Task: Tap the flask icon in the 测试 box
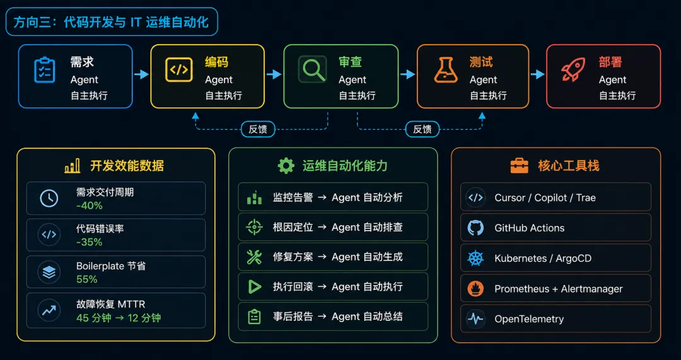(446, 70)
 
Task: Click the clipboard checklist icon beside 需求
(45, 70)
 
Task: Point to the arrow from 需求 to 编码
(141, 74)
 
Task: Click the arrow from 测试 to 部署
(538, 74)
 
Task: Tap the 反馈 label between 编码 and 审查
(258, 129)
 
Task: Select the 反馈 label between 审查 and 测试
(422, 129)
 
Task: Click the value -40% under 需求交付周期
(89, 205)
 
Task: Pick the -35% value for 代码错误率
(89, 242)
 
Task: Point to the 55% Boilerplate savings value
(87, 279)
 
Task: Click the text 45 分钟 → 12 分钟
(119, 318)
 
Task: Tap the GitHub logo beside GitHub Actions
(475, 228)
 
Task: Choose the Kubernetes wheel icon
(475, 258)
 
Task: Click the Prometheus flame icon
(475, 289)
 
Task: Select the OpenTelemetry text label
(529, 319)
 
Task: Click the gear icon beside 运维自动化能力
(286, 166)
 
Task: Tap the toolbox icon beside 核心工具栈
(520, 166)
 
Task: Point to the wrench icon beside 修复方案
(254, 257)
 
